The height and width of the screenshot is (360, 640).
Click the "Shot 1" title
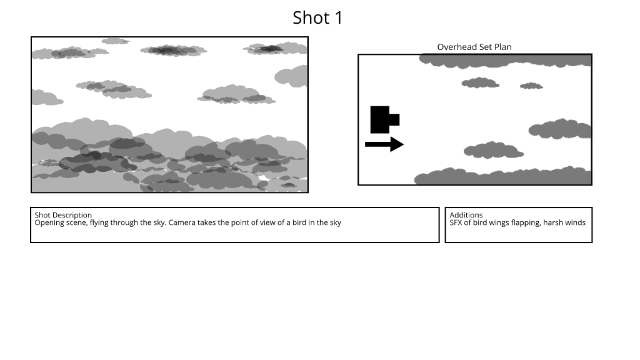(317, 18)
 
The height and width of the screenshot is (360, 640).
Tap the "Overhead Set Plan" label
(474, 47)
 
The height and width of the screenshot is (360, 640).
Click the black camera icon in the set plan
(384, 119)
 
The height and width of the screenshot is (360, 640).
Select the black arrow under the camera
(384, 144)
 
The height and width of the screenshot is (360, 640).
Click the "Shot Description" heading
(63, 215)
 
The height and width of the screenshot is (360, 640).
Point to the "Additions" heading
(466, 215)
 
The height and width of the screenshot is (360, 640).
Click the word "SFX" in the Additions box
(456, 222)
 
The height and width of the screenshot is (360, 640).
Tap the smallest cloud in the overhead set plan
(531, 86)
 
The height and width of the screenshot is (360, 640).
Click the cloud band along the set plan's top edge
(505, 61)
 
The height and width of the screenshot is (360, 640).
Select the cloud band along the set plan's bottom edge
(503, 176)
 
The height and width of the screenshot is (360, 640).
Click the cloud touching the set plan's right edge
(560, 129)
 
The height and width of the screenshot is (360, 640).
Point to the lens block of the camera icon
(394, 119)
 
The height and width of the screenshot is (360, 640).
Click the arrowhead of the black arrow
(396, 144)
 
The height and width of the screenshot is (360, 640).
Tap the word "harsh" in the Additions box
(552, 222)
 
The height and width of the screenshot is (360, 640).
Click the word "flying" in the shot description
(99, 223)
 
